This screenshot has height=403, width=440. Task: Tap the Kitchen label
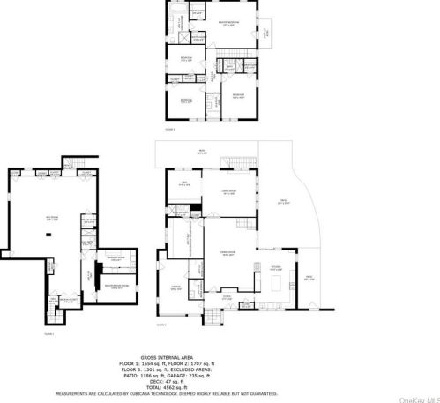pos(277,267)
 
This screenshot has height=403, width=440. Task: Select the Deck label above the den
pos(202,152)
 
